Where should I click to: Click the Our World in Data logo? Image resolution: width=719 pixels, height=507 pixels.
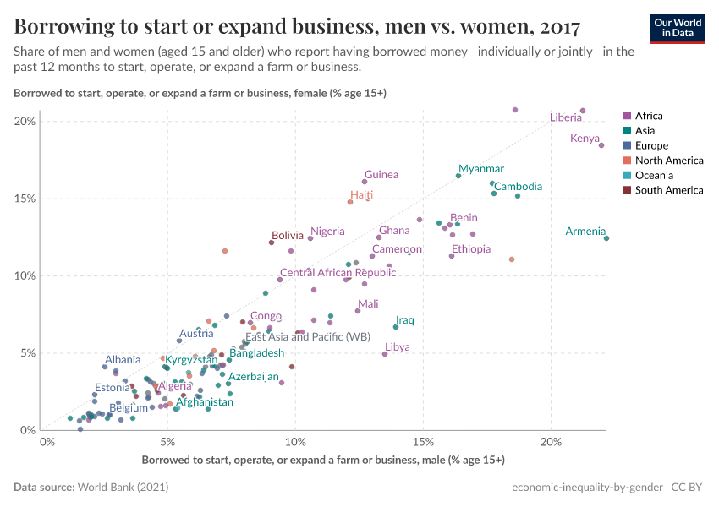coord(677,27)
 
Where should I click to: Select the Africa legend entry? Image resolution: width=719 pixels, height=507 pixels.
coord(649,116)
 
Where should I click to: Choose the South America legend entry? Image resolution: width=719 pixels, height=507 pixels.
coord(668,190)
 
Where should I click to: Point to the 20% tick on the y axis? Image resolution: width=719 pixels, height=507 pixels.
coord(25,122)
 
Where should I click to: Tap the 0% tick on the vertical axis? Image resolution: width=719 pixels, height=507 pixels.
coord(28,430)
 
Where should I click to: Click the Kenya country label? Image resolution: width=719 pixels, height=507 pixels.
coord(585,139)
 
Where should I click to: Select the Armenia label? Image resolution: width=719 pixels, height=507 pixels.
coord(585,231)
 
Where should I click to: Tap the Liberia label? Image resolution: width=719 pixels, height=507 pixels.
coord(565,117)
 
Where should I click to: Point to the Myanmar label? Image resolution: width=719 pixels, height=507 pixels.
coord(480,169)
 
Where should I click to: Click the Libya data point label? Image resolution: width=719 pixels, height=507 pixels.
coord(397,347)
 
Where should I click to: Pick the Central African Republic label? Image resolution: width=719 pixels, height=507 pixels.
coord(326,273)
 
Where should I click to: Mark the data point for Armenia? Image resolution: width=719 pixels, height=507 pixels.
coord(606,238)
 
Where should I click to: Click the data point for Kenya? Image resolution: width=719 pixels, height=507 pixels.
coord(601,145)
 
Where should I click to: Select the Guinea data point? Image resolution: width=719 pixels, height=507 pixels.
coord(365,182)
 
